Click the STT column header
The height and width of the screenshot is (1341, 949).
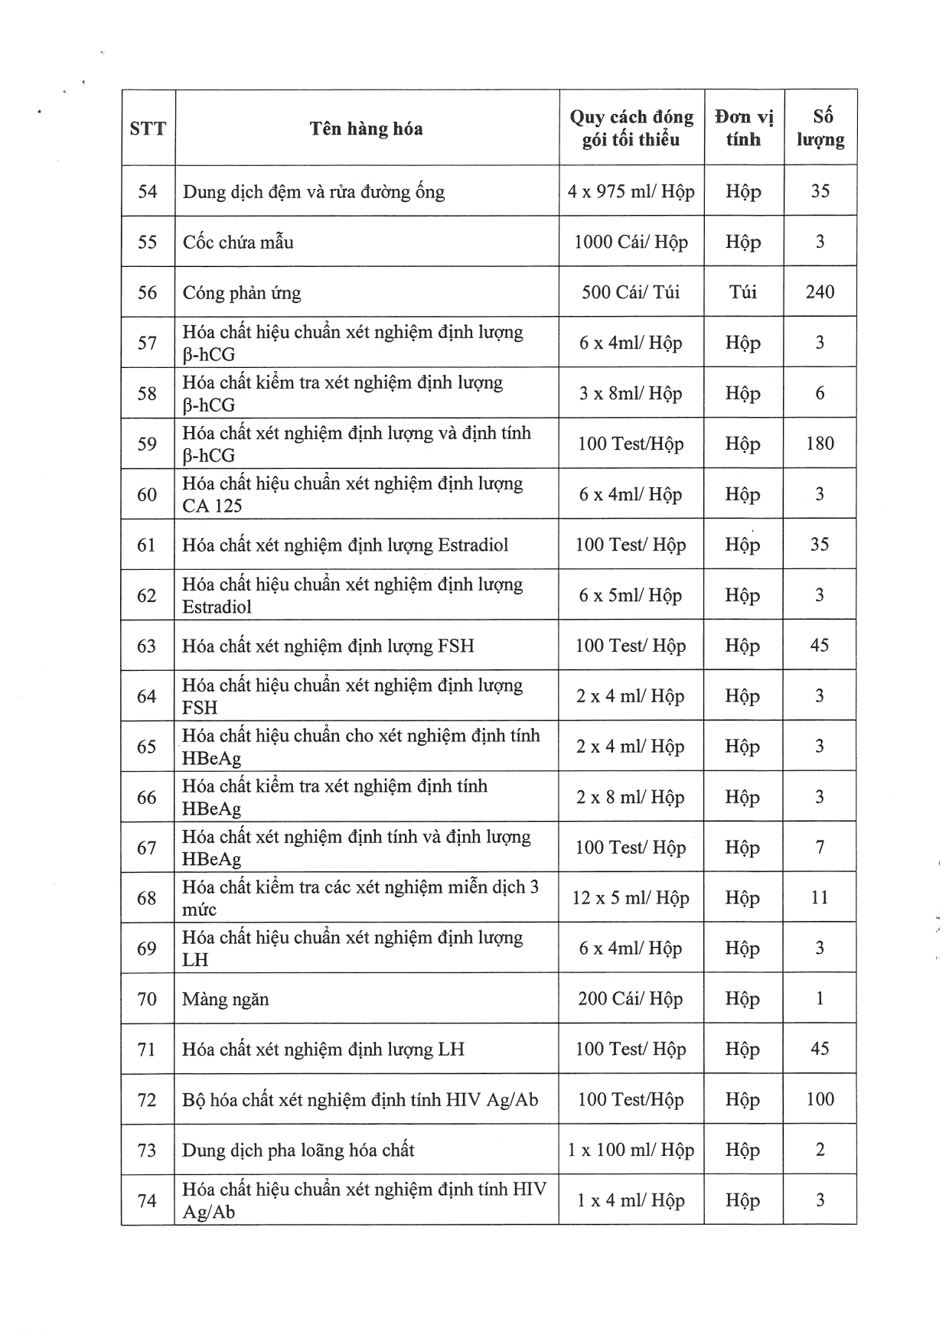148,128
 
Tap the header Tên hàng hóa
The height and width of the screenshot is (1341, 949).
366,128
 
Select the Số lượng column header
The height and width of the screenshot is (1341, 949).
820,128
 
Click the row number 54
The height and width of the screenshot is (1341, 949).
148,191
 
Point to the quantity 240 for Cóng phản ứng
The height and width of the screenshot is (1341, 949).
820,291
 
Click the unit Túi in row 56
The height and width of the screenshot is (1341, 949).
743,291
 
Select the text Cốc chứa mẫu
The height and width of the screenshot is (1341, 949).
238,242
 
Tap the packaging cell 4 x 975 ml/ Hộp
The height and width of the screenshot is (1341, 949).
631,191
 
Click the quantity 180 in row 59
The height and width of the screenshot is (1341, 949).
820,443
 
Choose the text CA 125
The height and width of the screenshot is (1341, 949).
212,506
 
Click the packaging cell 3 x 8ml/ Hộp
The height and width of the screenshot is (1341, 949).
631,393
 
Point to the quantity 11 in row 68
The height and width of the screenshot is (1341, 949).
820,897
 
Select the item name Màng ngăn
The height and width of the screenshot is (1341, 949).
226,999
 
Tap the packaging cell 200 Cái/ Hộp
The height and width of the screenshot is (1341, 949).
631,998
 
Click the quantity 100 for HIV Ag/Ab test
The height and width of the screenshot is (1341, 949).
820,1099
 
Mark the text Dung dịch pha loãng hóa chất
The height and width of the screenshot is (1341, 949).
298,1150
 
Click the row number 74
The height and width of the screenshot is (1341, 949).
147,1200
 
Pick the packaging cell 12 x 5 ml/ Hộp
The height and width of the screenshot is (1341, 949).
631,897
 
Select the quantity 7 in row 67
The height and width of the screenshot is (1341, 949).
820,847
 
